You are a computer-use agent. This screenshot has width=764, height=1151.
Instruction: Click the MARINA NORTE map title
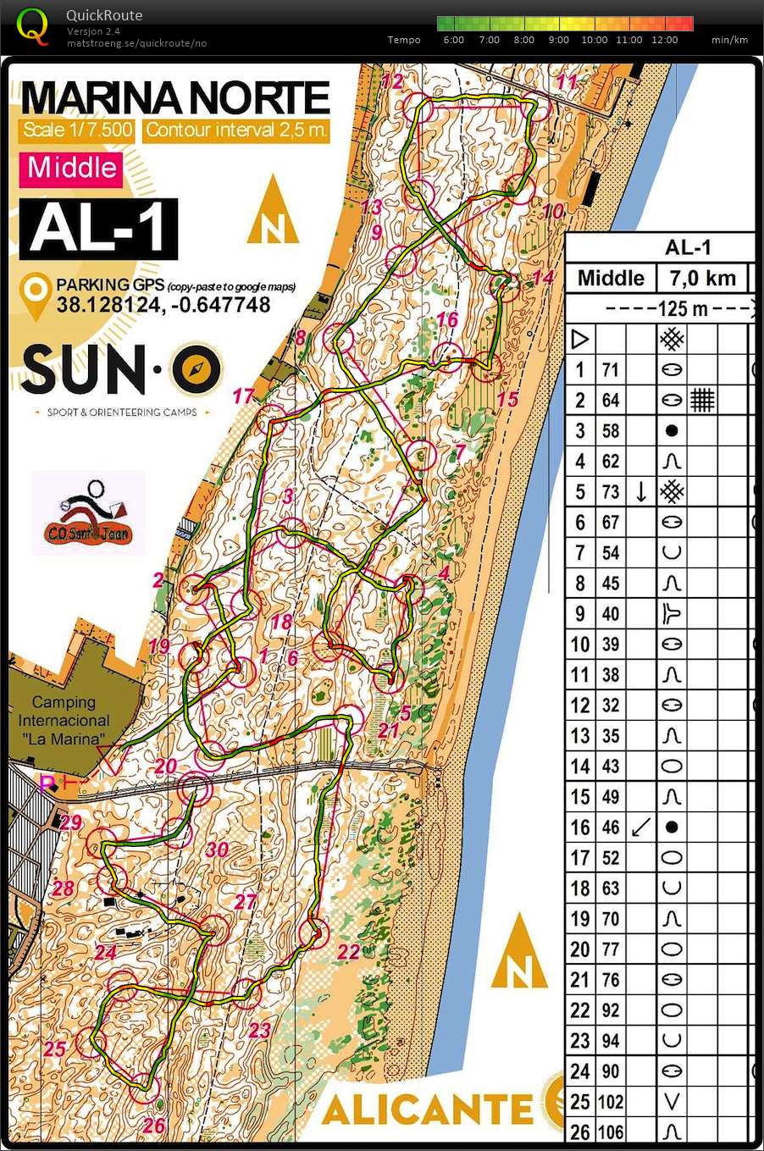coord(174,98)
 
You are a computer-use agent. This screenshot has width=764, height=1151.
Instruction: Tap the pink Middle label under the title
coord(72,168)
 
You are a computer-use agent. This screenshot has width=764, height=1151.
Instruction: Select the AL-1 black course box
coord(98,229)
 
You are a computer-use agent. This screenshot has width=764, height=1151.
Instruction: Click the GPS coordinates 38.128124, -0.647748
coord(163,305)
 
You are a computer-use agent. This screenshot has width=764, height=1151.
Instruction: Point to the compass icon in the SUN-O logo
coord(197,370)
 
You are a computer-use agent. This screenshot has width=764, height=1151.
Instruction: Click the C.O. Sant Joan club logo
coord(88,513)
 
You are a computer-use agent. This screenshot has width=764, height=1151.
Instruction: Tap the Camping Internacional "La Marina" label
coord(64,720)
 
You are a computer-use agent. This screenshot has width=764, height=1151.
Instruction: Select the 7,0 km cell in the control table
coord(702,278)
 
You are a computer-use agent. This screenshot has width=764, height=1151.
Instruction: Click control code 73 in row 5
coord(610,492)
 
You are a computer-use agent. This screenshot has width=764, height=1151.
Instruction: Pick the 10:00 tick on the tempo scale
coord(594,40)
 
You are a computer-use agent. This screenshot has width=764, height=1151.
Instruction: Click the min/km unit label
coord(728,40)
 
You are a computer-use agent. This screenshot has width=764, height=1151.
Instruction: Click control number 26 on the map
coord(153,1126)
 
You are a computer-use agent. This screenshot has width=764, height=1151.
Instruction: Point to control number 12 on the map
coord(392,81)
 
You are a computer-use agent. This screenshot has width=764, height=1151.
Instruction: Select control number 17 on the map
coord(243,396)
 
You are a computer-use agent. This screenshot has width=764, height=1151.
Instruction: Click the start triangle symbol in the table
coord(579,340)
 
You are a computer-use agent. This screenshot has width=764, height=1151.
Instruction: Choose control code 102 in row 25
coord(610,1102)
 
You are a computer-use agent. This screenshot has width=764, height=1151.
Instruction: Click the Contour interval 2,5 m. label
coord(235,130)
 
